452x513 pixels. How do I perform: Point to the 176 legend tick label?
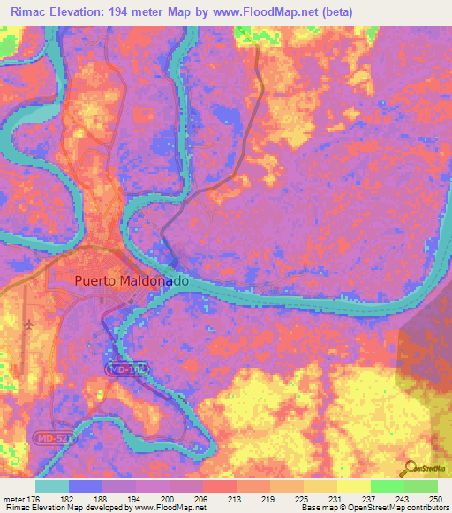point(34,498)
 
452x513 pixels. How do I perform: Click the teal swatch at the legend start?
point(51,486)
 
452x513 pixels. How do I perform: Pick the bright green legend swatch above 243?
point(387,486)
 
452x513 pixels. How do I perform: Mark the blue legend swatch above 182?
point(85,486)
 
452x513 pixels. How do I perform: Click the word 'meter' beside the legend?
point(13,498)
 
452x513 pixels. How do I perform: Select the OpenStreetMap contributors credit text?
point(403,508)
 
